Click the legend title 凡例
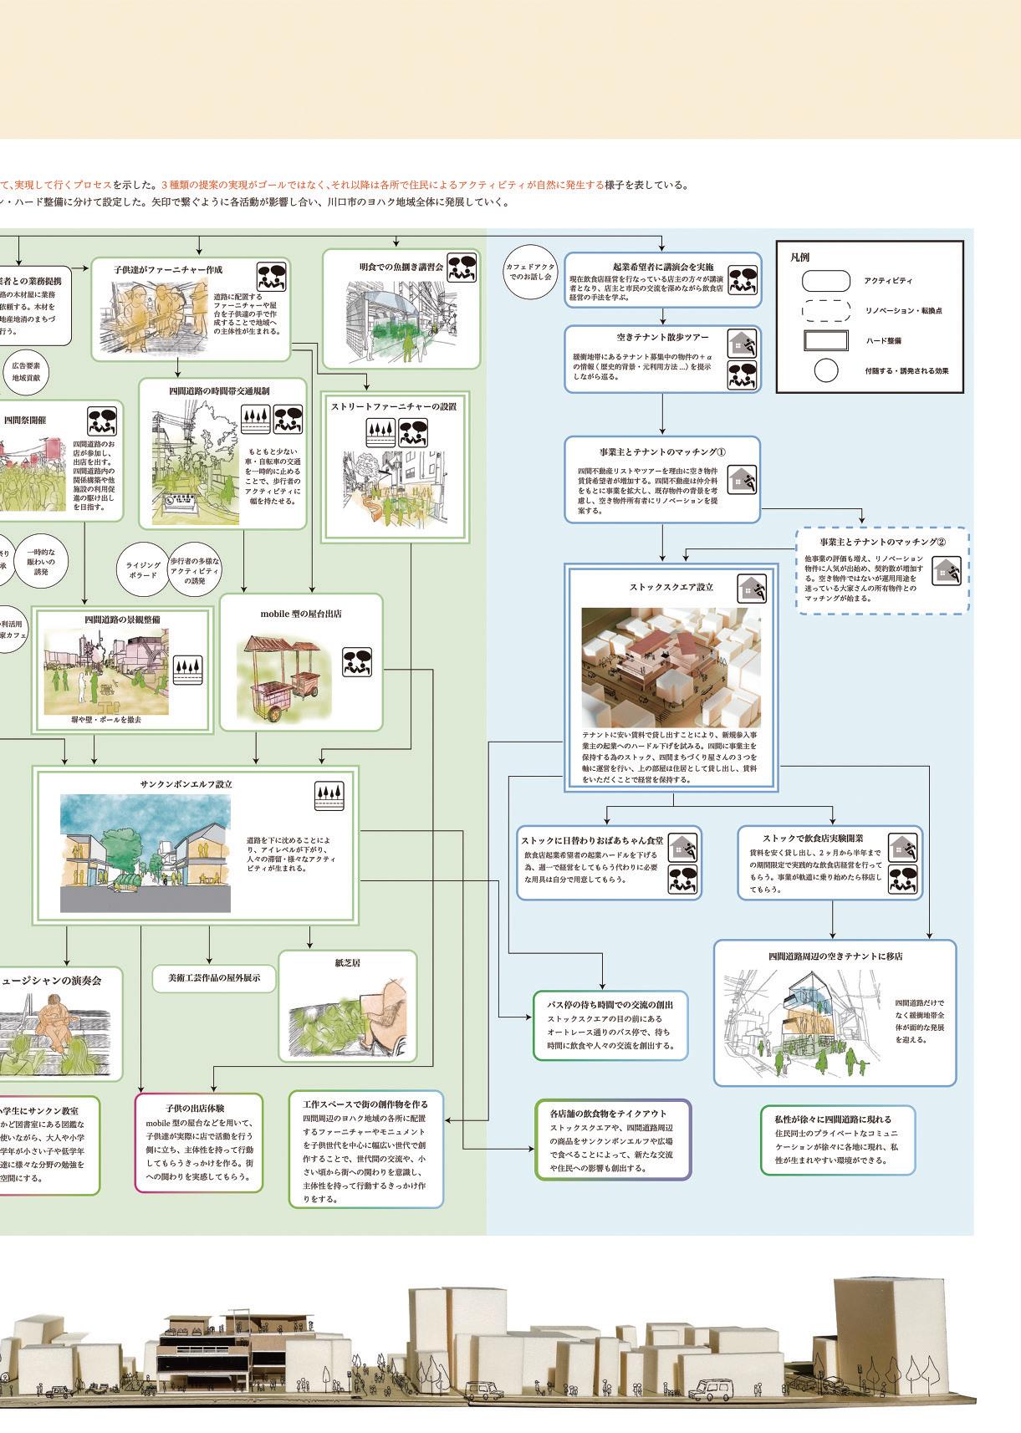(x=799, y=258)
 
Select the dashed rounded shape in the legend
(x=825, y=311)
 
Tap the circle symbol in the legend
(x=825, y=370)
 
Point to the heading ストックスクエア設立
(x=671, y=587)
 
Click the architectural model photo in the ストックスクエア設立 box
(x=671, y=668)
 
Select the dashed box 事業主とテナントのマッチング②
(x=882, y=571)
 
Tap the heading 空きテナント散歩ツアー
(x=662, y=338)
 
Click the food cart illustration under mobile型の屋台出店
(x=282, y=676)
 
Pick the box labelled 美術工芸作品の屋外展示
(x=214, y=977)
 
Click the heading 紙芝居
(x=347, y=963)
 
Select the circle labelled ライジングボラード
(x=143, y=570)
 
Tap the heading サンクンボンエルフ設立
(x=186, y=784)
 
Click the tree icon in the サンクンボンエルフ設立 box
(x=329, y=794)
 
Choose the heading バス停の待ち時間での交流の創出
(x=610, y=1004)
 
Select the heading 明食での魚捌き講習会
(x=401, y=267)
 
